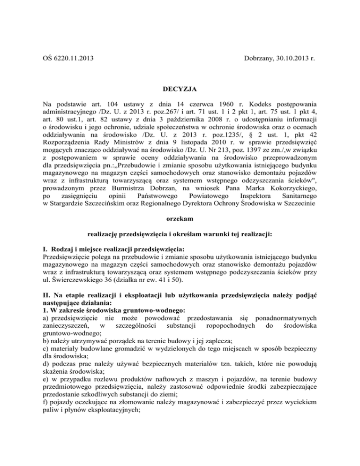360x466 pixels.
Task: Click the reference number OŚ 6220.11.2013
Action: click(68, 59)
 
